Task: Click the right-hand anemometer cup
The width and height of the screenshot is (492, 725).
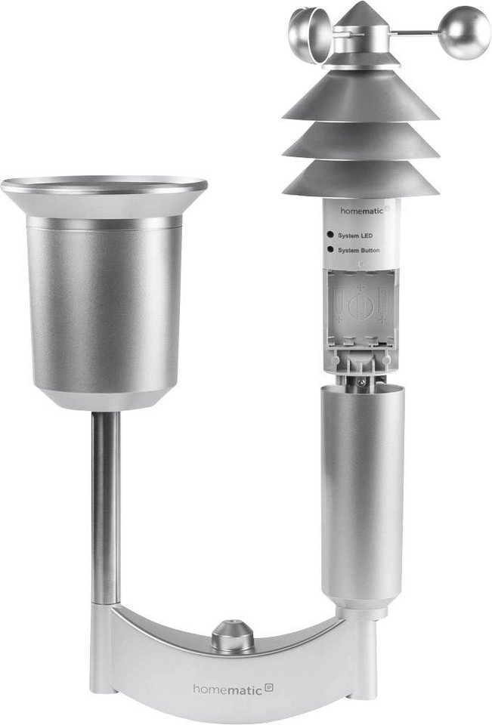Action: point(466,32)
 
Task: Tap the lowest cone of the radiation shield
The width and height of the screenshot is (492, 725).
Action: point(360,180)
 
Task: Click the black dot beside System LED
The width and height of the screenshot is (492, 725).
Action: point(330,236)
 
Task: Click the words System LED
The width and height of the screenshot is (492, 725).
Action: point(355,236)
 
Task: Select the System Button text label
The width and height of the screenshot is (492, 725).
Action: point(359,250)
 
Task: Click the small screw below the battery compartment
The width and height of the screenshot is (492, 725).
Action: point(361,383)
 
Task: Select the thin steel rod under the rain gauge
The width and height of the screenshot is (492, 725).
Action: point(105,506)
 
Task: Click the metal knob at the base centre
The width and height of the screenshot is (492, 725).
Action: point(232,636)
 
